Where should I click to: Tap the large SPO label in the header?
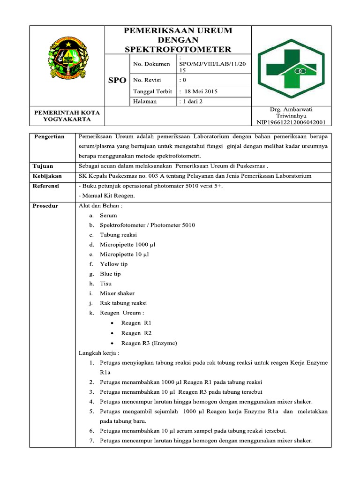tap(117, 80)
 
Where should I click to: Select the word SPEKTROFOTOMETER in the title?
tap(178, 49)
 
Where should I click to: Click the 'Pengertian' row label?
tap(49, 136)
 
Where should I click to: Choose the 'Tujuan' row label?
tap(43, 166)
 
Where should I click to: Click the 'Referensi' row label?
tap(46, 186)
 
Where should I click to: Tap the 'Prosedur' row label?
tap(45, 206)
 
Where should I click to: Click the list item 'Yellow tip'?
tap(113, 264)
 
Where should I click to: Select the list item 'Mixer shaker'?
tap(117, 293)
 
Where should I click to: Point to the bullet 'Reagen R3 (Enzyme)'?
tap(149, 343)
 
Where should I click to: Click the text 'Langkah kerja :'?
tap(99, 353)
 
